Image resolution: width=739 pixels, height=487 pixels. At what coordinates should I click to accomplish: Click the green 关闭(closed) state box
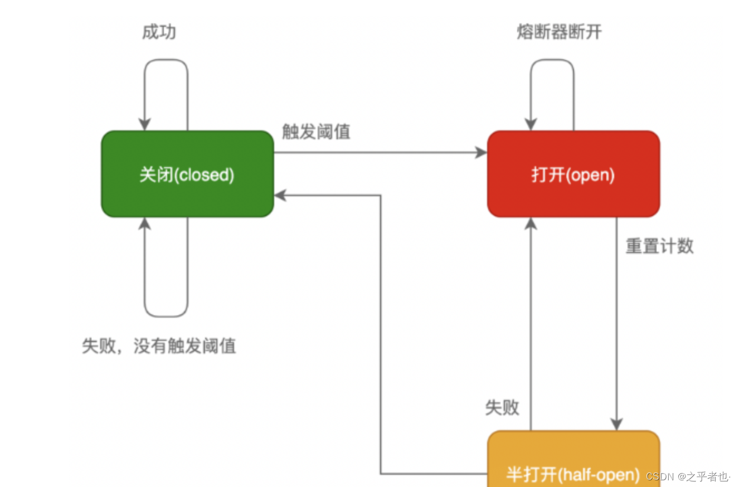coord(187,174)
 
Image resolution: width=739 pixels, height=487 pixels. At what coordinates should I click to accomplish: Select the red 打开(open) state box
coord(573,174)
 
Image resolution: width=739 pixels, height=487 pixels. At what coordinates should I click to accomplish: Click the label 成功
coord(159,32)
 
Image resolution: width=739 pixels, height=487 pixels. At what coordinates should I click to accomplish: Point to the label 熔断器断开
coord(559,32)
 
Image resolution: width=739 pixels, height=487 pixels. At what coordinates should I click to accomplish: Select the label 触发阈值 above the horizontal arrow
coord(316,132)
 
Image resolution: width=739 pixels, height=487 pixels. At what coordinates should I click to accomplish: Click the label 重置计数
coord(659,246)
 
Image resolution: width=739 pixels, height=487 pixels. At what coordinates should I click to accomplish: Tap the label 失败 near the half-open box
coord(502,407)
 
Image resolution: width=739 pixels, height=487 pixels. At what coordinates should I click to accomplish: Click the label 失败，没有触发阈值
coord(159,346)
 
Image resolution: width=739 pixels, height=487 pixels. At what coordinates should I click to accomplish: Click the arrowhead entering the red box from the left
coord(482,153)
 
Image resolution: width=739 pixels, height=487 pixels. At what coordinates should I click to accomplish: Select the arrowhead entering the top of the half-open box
coord(616,425)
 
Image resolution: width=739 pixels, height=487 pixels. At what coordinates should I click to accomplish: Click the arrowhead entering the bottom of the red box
coord(531,223)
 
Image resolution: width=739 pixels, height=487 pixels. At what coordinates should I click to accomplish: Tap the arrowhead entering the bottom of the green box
coord(145,223)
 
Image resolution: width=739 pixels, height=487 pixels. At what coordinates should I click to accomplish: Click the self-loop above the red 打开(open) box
coord(552,61)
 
